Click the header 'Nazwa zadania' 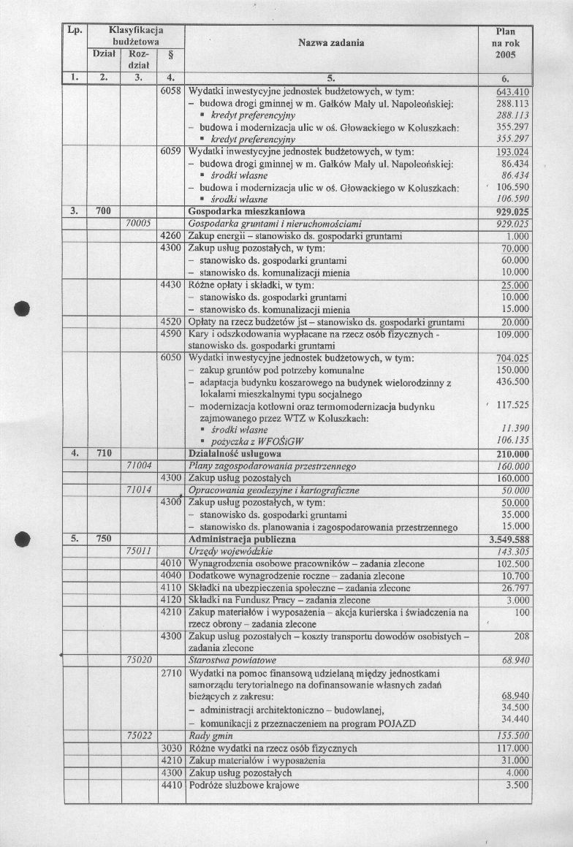(x=331, y=43)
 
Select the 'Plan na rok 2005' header (x=505, y=43)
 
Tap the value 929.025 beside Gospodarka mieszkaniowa (x=512, y=211)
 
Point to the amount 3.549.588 (x=508, y=539)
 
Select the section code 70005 (x=138, y=223)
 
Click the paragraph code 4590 (x=171, y=333)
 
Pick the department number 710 (x=103, y=454)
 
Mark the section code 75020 (x=138, y=659)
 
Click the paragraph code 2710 (x=171, y=672)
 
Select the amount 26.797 (x=514, y=588)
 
